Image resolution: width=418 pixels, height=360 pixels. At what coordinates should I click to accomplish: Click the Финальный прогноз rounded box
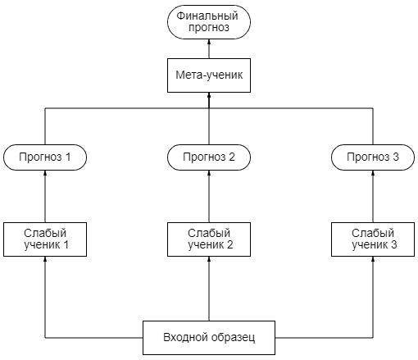click(x=209, y=22)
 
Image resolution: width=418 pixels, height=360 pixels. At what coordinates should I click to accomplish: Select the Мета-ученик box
click(x=209, y=75)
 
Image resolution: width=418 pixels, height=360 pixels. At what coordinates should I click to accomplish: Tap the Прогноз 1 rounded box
click(x=45, y=157)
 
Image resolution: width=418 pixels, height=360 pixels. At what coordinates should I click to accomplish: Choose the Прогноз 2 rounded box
click(x=209, y=157)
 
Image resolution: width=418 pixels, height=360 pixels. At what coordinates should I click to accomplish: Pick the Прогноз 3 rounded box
click(x=373, y=157)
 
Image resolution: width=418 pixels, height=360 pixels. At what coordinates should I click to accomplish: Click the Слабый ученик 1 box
click(x=45, y=239)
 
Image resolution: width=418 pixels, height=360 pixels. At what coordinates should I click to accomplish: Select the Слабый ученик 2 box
click(x=209, y=239)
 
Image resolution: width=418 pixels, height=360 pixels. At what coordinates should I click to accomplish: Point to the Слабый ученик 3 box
click(x=373, y=239)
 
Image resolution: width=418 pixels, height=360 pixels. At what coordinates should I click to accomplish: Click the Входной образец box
click(x=209, y=338)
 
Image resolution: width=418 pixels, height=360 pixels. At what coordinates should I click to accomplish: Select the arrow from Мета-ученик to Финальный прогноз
click(x=209, y=48)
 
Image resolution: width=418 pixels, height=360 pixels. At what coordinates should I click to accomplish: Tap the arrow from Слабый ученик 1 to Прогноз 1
click(x=45, y=196)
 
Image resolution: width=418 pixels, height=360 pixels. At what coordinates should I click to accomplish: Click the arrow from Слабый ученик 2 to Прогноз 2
click(x=209, y=196)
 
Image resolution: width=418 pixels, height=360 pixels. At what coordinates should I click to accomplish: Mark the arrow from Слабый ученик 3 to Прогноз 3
click(x=373, y=196)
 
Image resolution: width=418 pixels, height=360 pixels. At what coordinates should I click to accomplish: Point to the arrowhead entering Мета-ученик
click(x=209, y=95)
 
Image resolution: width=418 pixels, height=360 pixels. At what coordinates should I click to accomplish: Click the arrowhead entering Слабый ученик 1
click(x=45, y=259)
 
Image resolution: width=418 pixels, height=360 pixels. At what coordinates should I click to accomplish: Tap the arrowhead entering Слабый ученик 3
click(x=373, y=259)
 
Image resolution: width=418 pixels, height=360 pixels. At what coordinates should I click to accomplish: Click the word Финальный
click(x=207, y=16)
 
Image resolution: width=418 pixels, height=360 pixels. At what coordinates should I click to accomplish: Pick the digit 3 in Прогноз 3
click(x=396, y=157)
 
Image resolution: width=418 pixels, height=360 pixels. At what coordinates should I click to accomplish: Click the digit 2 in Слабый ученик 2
click(x=230, y=244)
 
